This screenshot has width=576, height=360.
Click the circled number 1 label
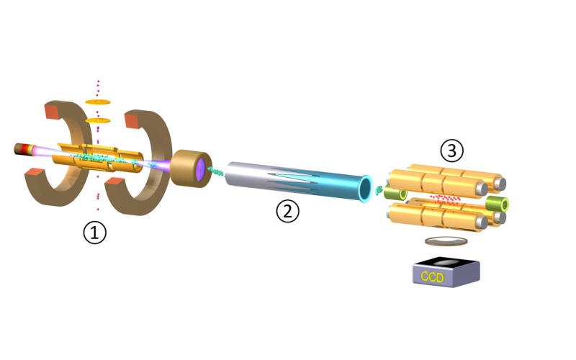(x=95, y=233)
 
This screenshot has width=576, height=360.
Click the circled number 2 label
(x=287, y=211)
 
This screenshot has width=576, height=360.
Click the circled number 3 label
(x=452, y=150)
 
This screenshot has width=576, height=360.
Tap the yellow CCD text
(x=433, y=276)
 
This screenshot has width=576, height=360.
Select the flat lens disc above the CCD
(x=446, y=241)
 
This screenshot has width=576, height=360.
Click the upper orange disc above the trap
(x=98, y=102)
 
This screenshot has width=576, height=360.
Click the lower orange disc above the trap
(x=98, y=120)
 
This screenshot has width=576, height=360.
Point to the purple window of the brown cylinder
(x=200, y=170)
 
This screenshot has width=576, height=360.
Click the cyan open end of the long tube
(x=365, y=189)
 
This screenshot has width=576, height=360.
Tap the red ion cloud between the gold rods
(x=445, y=199)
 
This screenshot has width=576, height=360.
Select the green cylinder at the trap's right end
(x=498, y=204)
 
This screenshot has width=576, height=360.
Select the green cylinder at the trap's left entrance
(x=395, y=193)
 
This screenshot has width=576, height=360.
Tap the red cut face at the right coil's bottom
(x=115, y=181)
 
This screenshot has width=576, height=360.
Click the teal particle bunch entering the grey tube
(x=216, y=171)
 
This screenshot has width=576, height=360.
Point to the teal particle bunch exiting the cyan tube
(x=379, y=190)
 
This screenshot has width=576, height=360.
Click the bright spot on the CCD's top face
(x=446, y=262)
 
